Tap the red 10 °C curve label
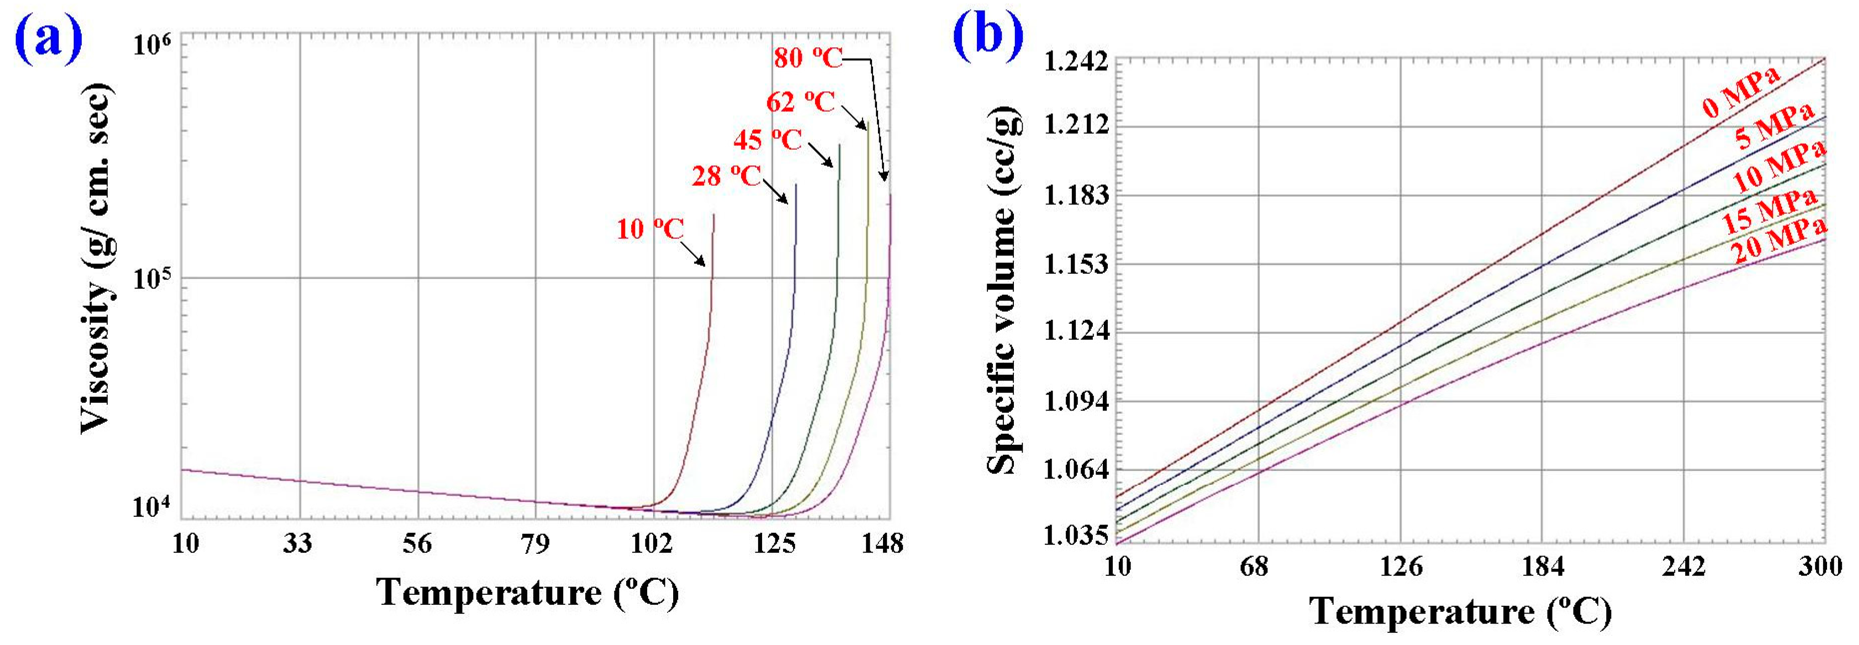pyautogui.click(x=649, y=229)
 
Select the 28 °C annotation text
pyautogui.click(x=726, y=175)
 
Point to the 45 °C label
pyautogui.click(x=767, y=139)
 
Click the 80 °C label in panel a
pyautogui.click(x=808, y=58)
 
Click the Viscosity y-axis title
pyautogui.click(x=97, y=258)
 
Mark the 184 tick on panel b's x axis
pyautogui.click(x=1542, y=567)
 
